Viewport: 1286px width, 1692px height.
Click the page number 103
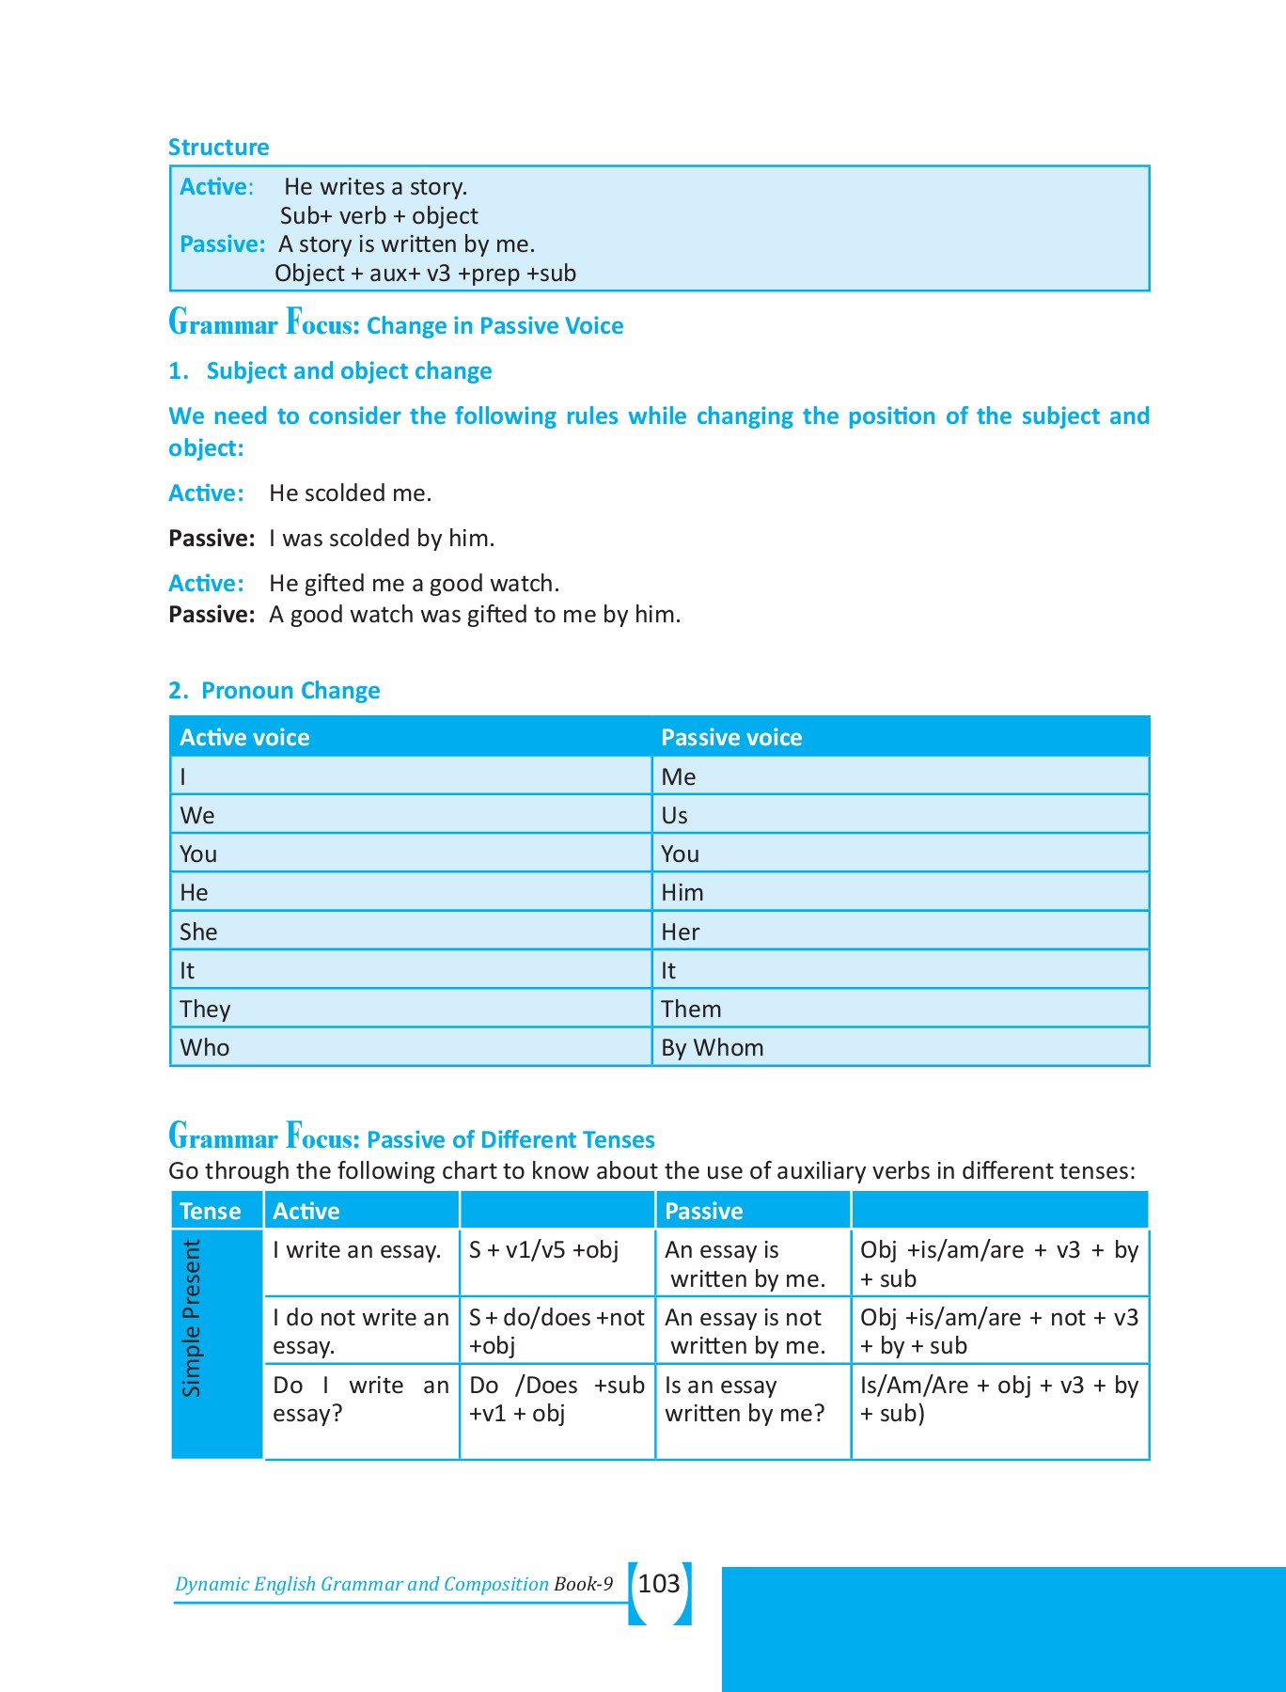659,1584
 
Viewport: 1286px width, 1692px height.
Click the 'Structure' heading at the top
218,148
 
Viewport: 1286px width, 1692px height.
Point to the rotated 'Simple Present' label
192,1318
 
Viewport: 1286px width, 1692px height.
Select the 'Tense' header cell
211,1211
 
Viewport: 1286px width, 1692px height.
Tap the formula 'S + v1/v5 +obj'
543,1250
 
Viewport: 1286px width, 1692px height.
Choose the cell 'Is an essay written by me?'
744,1399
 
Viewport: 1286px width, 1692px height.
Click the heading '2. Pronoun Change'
274,691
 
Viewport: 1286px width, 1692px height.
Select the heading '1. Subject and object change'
330,371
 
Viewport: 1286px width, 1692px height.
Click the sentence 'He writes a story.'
375,187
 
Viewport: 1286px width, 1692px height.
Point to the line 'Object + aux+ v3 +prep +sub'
425,274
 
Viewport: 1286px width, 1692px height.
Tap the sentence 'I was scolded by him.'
382,539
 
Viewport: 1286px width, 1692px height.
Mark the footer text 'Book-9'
583,1584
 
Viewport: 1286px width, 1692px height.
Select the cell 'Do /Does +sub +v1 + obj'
557,1399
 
